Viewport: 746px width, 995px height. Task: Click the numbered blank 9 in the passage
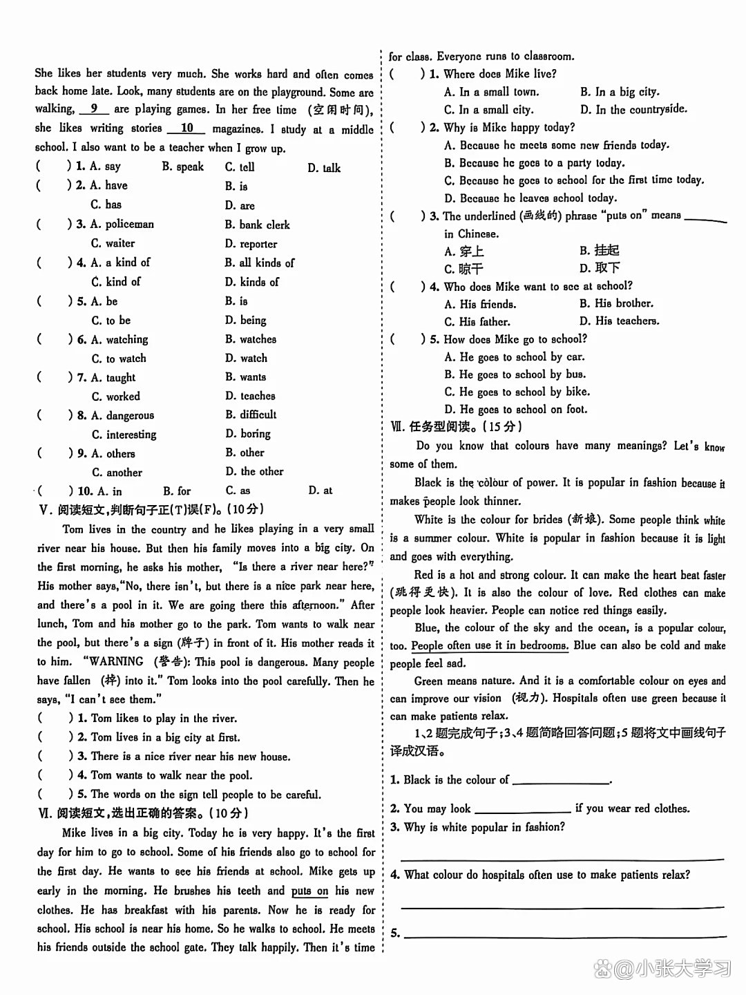click(94, 109)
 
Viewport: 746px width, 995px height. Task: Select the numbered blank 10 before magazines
click(187, 129)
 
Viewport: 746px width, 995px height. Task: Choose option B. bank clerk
click(257, 225)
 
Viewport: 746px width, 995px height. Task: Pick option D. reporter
click(251, 244)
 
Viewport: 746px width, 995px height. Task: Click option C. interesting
click(124, 435)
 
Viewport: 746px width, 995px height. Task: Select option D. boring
click(248, 434)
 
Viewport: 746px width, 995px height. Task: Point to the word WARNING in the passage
click(115, 661)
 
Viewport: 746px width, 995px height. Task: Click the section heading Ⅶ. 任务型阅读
click(456, 427)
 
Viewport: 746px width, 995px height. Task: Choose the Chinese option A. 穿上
click(464, 252)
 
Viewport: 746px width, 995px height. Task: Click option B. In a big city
click(620, 92)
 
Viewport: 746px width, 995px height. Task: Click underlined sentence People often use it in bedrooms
click(490, 646)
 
